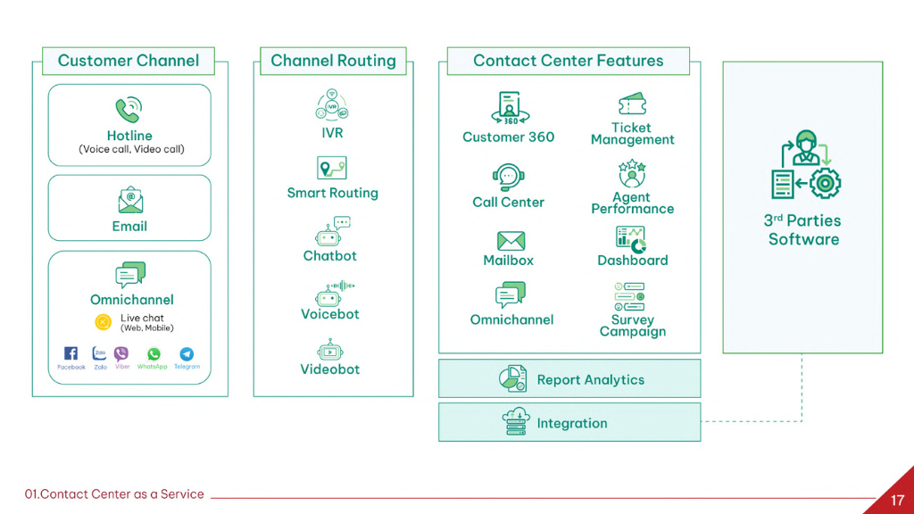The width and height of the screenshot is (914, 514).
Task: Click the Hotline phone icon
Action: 129,110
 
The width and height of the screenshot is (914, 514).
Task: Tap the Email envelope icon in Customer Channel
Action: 129,201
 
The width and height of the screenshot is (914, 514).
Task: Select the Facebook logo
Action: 71,353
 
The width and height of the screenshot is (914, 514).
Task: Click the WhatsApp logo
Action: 154,353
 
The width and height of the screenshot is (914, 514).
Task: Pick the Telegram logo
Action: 186,353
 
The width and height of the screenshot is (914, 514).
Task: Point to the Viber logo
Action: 121,353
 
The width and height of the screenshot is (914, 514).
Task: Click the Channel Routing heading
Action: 333,61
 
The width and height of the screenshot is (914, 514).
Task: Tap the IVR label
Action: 332,133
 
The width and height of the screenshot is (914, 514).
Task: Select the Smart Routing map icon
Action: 332,168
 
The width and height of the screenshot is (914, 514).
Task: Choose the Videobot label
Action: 330,369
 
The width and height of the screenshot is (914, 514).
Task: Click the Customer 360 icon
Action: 509,108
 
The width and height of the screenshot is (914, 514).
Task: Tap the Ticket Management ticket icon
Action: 632,104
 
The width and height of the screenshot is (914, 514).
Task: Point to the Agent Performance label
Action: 632,203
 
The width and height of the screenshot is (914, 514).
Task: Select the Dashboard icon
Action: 632,238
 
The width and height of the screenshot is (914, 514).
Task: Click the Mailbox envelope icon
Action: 511,240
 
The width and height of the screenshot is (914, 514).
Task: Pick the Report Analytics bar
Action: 569,379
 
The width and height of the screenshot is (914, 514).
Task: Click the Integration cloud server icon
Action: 516,423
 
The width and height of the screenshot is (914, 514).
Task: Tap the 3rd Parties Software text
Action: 803,229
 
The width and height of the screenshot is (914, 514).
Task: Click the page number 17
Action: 897,500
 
